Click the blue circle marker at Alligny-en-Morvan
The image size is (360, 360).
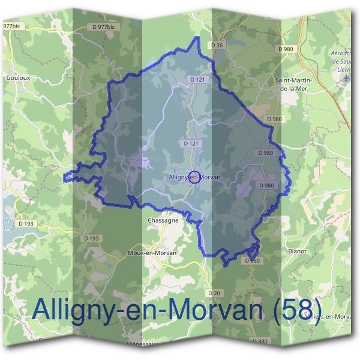(x=194, y=178)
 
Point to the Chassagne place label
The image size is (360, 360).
(x=163, y=220)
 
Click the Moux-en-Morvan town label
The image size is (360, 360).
(x=152, y=253)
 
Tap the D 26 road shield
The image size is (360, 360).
(x=217, y=46)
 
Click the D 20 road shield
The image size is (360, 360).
(x=214, y=293)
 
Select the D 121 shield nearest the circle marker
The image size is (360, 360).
(x=190, y=144)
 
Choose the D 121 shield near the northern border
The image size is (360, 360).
(x=197, y=79)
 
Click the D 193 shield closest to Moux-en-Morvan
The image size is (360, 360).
(x=91, y=238)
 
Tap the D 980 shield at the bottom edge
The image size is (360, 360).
(x=260, y=341)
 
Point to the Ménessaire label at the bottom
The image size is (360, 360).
(x=143, y=344)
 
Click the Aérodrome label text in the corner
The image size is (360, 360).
(x=344, y=54)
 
